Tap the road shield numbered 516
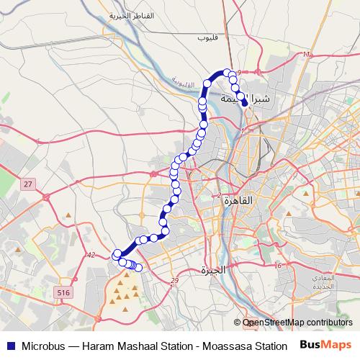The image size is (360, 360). [63, 292]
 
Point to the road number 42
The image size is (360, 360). [90, 255]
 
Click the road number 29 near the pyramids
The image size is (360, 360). [174, 281]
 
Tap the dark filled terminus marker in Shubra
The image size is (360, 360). [246, 103]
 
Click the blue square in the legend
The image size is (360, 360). [9, 346]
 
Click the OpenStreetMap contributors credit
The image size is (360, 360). [297, 323]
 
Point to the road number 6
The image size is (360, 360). [279, 266]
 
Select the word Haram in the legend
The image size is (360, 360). [99, 346]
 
